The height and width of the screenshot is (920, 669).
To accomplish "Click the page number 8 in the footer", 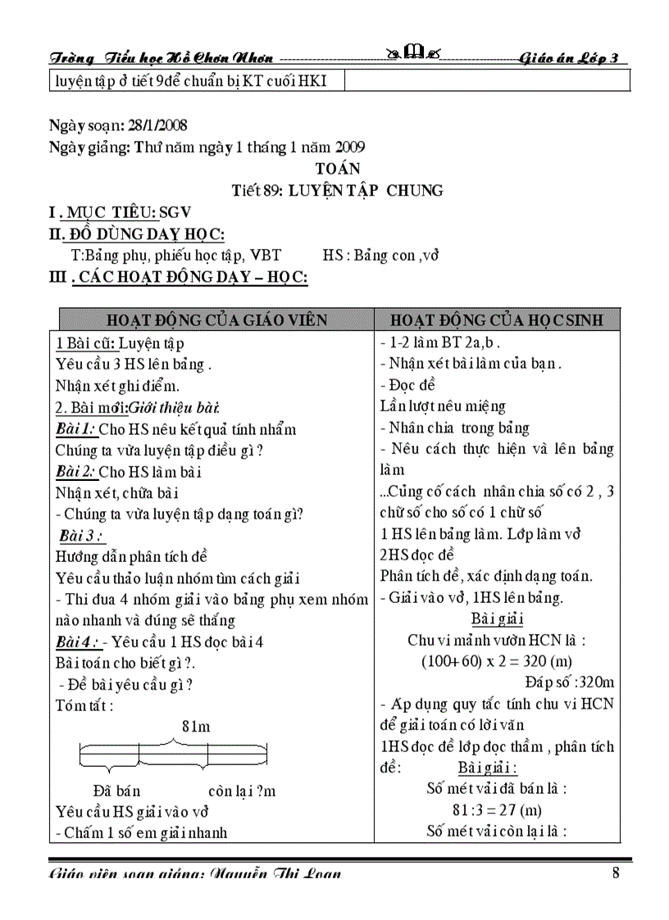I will click(x=616, y=872).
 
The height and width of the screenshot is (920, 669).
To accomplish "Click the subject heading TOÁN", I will click(x=338, y=169).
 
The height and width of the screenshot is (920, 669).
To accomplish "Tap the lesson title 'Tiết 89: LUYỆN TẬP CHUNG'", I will click(x=338, y=190).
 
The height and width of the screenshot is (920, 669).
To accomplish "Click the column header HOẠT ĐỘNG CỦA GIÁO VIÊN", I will click(x=216, y=320).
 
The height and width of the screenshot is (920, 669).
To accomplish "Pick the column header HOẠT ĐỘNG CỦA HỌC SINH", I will click(x=497, y=320).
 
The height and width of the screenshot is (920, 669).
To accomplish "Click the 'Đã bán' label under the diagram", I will click(x=116, y=791).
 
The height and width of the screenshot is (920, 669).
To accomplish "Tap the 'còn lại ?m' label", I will click(x=242, y=791).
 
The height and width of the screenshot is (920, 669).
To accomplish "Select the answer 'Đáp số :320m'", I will click(x=570, y=682).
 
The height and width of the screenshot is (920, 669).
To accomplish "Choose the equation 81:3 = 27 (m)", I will click(x=497, y=810).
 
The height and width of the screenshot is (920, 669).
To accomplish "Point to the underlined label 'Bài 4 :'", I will click(x=79, y=641).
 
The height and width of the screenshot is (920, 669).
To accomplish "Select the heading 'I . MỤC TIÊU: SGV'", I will click(x=121, y=213).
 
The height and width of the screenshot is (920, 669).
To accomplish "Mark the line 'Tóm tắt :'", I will click(x=84, y=705).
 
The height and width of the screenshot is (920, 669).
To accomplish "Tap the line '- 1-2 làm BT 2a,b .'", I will click(x=440, y=342).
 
